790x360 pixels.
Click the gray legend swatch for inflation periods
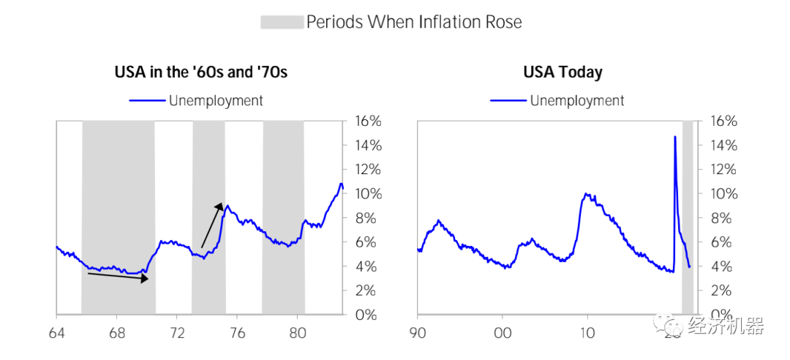tap(282, 22)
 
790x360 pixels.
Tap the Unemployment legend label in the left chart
tap(216, 100)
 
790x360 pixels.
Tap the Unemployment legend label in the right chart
tap(577, 100)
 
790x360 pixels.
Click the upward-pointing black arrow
tap(211, 225)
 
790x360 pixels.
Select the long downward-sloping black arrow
tap(121, 276)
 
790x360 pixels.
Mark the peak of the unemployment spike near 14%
tap(674, 137)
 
